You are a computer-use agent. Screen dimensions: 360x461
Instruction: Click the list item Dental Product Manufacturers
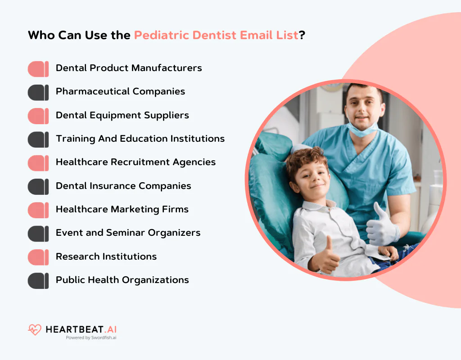tap(129, 68)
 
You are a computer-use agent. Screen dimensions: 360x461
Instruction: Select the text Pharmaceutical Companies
tap(120, 91)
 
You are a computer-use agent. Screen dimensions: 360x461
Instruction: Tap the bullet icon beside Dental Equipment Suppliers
tap(38, 116)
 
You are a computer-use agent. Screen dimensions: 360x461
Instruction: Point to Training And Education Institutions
tap(140, 139)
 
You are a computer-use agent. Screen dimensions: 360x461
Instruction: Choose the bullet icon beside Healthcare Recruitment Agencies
tap(38, 163)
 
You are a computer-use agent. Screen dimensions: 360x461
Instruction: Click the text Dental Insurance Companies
tap(123, 186)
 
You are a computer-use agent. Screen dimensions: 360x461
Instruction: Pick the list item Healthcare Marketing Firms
tap(122, 209)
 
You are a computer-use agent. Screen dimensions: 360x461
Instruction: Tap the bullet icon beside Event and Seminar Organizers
tap(38, 234)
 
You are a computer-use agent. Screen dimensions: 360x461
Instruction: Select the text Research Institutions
tap(106, 256)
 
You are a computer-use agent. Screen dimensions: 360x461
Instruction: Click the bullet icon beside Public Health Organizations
tap(38, 281)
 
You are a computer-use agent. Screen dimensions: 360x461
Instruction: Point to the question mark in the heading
tap(302, 36)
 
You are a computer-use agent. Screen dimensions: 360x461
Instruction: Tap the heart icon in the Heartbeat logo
tap(34, 330)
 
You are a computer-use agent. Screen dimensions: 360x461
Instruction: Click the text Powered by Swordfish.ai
tap(91, 337)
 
